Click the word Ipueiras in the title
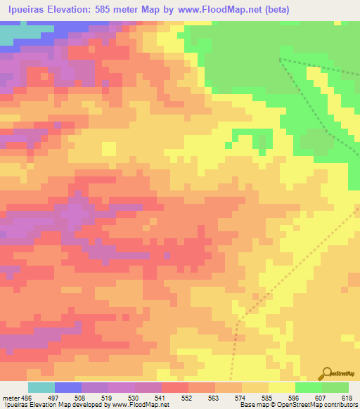pyautogui.click(x=30, y=10)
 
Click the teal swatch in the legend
pyautogui.click(x=41, y=387)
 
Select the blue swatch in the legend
pyautogui.click(x=68, y=387)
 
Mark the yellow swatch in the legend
pyautogui.click(x=282, y=387)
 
